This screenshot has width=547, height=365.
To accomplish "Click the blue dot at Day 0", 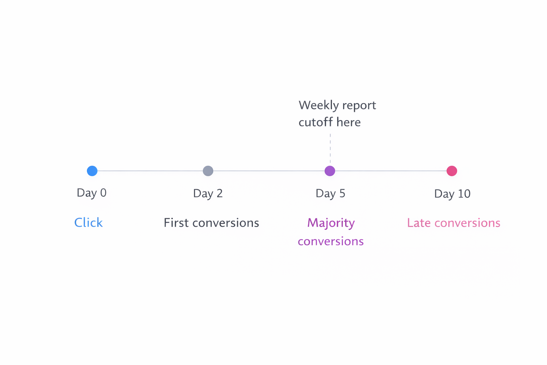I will click(92, 171).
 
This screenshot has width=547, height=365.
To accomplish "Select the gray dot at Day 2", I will click(208, 171).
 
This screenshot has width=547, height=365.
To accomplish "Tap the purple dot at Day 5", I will click(330, 171).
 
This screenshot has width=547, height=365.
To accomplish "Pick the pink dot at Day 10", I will click(452, 171).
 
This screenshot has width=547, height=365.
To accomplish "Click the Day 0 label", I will click(92, 193).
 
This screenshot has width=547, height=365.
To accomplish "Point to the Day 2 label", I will click(208, 194).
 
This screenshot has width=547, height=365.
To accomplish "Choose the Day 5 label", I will click(330, 194).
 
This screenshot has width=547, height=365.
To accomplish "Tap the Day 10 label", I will click(452, 194).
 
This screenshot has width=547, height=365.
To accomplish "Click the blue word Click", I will click(88, 223).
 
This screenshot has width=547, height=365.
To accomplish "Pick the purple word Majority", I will click(331, 223).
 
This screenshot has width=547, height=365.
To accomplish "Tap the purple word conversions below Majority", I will click(330, 241).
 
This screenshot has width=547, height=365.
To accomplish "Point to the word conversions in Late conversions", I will click(467, 223).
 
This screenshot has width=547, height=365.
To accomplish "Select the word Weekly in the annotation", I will click(318, 106).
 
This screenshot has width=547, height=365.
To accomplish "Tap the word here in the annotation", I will click(349, 122).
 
